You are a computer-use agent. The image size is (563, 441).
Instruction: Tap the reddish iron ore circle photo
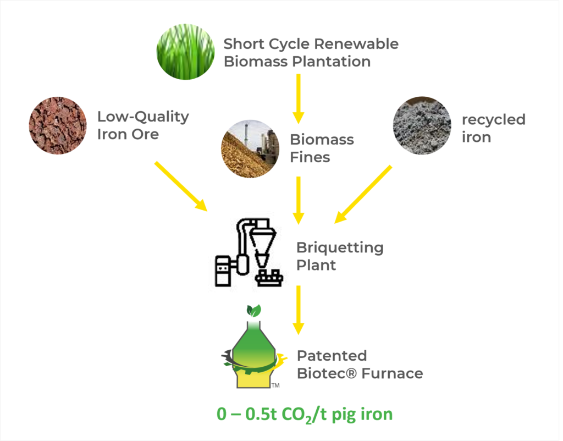click(x=58, y=125)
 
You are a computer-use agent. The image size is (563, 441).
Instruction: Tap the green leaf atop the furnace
click(x=253, y=311)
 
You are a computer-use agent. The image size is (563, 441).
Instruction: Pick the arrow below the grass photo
click(x=298, y=98)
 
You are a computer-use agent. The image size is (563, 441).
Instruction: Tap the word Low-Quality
click(x=143, y=117)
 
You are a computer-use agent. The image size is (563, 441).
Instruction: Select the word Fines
click(x=310, y=157)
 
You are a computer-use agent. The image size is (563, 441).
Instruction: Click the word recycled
click(x=493, y=120)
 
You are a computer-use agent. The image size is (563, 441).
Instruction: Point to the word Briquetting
click(x=340, y=248)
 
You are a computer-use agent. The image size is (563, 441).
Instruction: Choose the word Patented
click(x=332, y=356)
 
